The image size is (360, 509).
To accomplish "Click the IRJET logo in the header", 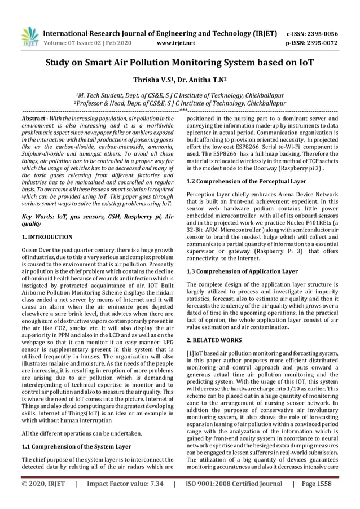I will tap(29, 37).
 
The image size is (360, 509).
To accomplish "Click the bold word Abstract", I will tap(33, 119).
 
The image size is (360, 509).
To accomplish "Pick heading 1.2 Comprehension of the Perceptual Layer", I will tap(247, 181).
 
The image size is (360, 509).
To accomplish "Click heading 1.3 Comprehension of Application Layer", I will tap(242, 271).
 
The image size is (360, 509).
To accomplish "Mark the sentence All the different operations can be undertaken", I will tap(77, 433).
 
